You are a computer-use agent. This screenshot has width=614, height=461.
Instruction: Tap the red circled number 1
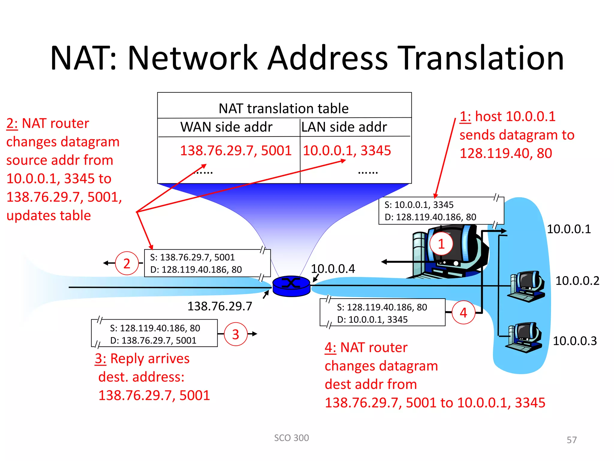click(441, 244)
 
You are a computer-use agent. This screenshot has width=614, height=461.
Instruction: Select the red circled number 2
click(127, 264)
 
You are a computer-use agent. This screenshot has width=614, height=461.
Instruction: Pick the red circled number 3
click(236, 334)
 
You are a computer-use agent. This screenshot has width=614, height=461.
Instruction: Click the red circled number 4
click(463, 312)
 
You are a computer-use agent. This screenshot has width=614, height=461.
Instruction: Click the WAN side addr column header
click(226, 127)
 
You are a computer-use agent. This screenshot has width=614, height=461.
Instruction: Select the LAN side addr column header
click(344, 127)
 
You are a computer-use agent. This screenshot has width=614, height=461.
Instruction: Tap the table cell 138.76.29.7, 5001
click(236, 150)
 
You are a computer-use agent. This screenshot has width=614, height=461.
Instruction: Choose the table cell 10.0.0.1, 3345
click(347, 150)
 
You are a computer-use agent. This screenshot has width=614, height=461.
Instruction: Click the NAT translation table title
click(284, 108)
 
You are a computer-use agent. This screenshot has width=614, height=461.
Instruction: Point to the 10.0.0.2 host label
click(577, 281)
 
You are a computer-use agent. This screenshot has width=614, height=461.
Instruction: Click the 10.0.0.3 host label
click(575, 341)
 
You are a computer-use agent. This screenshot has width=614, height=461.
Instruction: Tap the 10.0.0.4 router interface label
click(333, 269)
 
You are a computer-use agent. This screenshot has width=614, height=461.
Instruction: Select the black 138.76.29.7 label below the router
click(220, 306)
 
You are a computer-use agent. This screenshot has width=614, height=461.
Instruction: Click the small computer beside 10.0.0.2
click(526, 286)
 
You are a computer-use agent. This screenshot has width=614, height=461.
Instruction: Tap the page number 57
click(571, 440)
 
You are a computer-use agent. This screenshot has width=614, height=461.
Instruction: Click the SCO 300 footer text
click(291, 438)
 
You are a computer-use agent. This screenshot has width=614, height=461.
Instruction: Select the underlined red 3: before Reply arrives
click(100, 359)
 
